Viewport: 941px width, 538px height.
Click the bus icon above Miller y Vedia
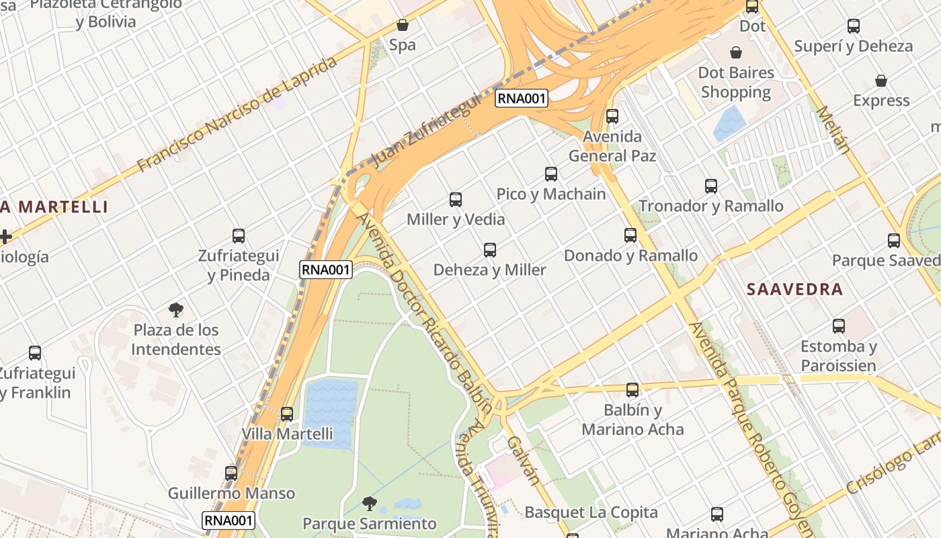[x=456, y=199]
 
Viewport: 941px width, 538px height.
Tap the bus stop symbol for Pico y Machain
[x=551, y=174]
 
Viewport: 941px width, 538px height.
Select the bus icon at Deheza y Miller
[x=490, y=250]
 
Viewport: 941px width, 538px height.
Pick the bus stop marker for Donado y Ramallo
[x=630, y=235]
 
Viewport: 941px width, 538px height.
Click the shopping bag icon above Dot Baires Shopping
[x=736, y=52]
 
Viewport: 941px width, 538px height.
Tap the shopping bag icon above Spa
[x=403, y=26]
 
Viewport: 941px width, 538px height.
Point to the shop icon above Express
[x=881, y=81]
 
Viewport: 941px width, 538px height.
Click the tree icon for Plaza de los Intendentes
[x=176, y=310]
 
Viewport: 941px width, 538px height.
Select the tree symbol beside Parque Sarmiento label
[x=369, y=503]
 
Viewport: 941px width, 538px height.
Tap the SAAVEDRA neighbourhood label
[x=795, y=290]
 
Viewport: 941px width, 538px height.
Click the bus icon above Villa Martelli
[x=287, y=414]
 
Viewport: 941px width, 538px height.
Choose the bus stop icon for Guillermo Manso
[x=231, y=473]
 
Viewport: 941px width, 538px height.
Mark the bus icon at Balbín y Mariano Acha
[x=632, y=390]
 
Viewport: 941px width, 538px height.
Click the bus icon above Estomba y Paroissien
[x=839, y=326]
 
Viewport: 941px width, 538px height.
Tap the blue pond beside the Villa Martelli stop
[x=329, y=412]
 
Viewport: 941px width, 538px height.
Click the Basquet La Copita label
[x=591, y=512]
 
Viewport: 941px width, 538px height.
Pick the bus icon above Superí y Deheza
[x=854, y=26]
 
